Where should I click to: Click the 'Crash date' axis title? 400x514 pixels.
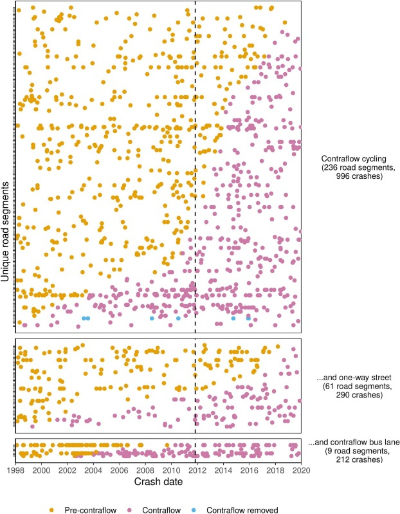[158, 482]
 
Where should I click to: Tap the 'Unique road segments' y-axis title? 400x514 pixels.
[6, 232]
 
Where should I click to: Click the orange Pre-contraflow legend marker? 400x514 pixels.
[53, 509]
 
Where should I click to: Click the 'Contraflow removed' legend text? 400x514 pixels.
[242, 509]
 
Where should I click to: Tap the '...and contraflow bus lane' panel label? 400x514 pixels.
[354, 444]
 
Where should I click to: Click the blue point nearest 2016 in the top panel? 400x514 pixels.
[248, 318]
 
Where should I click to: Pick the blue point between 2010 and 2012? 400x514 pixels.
[178, 318]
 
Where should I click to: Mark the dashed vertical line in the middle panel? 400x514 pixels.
[195, 386]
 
